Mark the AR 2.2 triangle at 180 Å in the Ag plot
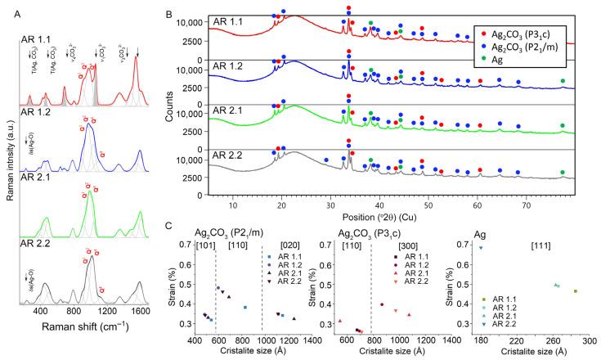click(482, 247)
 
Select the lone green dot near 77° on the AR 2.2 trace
click(562, 172)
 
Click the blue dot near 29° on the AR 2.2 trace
click(326, 160)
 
